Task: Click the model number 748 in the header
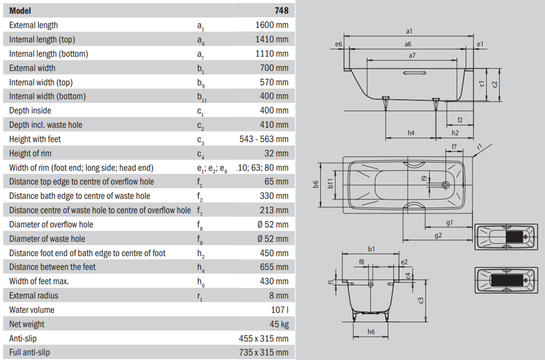click(x=281, y=10)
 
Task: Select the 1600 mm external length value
click(x=271, y=25)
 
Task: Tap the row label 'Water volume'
click(x=32, y=310)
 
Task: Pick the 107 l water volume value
click(x=280, y=310)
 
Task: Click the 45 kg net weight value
click(x=279, y=324)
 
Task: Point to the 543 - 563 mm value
click(x=264, y=139)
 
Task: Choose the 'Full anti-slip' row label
click(x=29, y=352)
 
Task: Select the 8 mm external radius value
click(x=279, y=296)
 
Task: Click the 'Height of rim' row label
click(x=30, y=154)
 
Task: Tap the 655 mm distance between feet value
click(x=274, y=267)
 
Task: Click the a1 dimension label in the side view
click(x=409, y=31)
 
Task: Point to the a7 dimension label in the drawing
click(x=412, y=55)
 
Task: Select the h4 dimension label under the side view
click(x=411, y=133)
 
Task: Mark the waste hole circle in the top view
click(x=446, y=185)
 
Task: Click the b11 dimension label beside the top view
click(x=330, y=183)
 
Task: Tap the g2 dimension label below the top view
click(x=438, y=235)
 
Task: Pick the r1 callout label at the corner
click(x=480, y=147)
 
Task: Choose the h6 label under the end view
click(x=371, y=332)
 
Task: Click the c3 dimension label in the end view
click(x=421, y=300)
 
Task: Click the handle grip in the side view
click(x=415, y=73)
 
